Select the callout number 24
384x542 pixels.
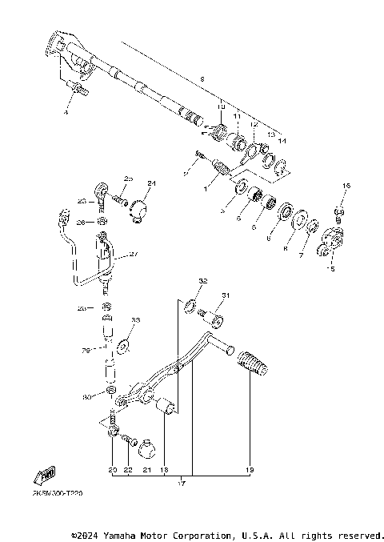point(152,183)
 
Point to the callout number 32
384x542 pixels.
point(202,281)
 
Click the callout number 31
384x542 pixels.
point(225,295)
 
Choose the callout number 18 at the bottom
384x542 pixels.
point(163,470)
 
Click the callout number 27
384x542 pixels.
point(133,255)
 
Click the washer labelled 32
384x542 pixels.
point(190,305)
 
